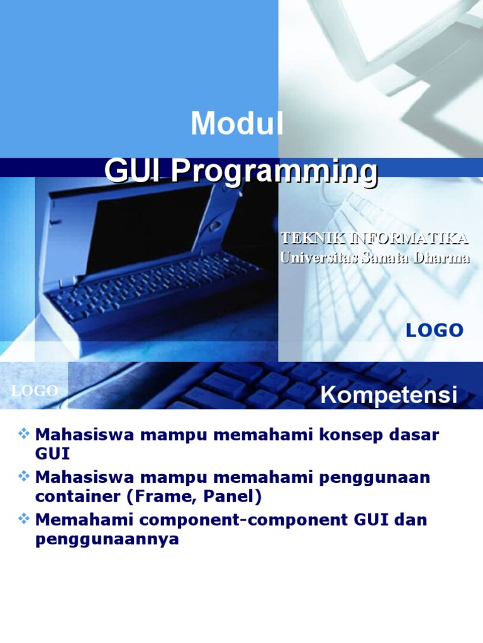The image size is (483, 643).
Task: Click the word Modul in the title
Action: pyautogui.click(x=237, y=124)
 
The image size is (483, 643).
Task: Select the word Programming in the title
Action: pyautogui.click(x=275, y=171)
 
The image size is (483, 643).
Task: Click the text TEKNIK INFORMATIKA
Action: pyautogui.click(x=374, y=238)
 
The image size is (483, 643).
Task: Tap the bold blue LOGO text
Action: pyautogui.click(x=434, y=330)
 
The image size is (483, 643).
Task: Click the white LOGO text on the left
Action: pyautogui.click(x=35, y=391)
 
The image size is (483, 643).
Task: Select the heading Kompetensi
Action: pyautogui.click(x=389, y=396)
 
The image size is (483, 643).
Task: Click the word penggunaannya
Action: pyautogui.click(x=107, y=540)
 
